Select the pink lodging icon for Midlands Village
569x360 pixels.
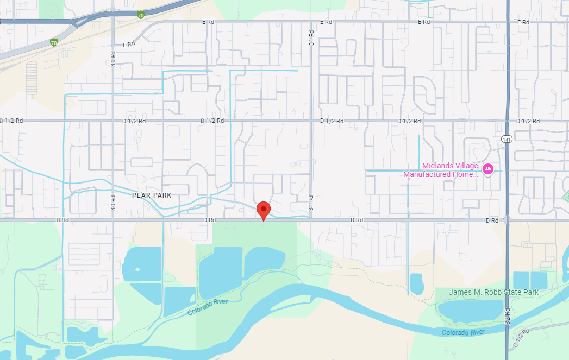pos(487,169)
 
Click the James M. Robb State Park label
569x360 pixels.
pos(493,292)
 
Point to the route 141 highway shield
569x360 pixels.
pos(507,139)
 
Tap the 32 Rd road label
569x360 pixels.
pos(508,317)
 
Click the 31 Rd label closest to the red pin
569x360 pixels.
pos(311,203)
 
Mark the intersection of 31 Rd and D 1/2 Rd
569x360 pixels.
pos(311,121)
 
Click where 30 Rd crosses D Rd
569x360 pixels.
pos(113,220)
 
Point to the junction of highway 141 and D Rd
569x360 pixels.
pos(507,220)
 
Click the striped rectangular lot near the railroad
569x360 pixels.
pos(32,77)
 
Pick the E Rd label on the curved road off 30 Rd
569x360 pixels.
pos(128,45)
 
